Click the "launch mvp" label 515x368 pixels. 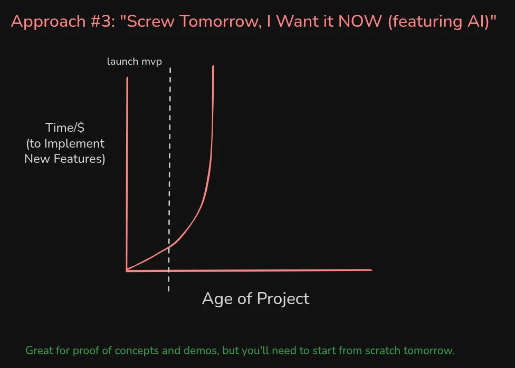point(134,62)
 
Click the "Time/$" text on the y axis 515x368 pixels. point(65,128)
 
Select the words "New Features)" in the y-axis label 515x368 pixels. point(65,159)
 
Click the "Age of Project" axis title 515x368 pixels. point(255,298)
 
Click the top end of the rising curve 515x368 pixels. point(214,66)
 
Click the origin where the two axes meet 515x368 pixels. point(127,270)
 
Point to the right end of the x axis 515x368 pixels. point(371,270)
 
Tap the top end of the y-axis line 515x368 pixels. point(127,79)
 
